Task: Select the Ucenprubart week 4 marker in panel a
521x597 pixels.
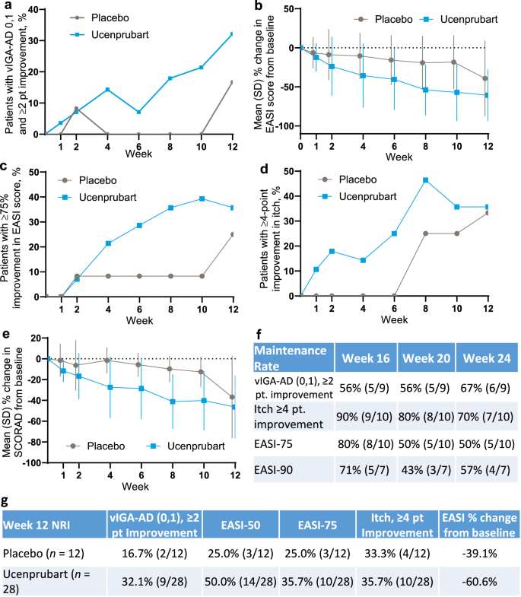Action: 108,89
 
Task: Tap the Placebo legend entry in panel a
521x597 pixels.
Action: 106,14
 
